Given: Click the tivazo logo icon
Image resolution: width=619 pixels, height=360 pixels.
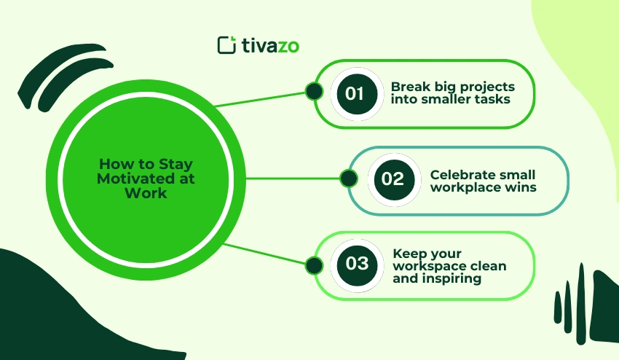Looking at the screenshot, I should click(227, 44).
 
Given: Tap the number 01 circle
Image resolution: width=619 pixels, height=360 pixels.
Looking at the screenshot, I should click(355, 93).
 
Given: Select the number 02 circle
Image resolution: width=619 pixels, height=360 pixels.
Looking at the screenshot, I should click(393, 179).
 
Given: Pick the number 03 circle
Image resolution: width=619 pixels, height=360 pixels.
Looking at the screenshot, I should click(357, 263).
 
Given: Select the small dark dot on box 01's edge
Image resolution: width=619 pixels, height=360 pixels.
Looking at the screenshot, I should click(314, 91).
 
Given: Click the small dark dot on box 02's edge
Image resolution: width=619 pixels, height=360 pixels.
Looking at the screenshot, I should click(349, 178).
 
